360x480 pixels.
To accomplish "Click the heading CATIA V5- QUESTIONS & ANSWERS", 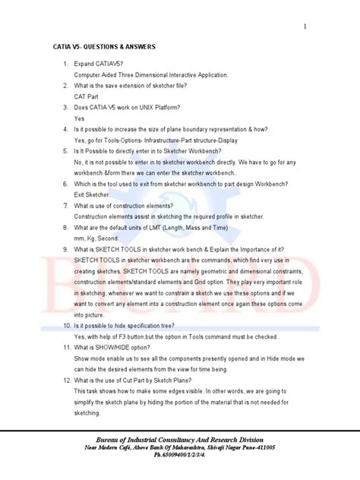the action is tap(103, 47).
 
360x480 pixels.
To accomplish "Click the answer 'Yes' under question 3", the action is tap(80, 118).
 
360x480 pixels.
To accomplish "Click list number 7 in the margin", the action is tap(66, 205).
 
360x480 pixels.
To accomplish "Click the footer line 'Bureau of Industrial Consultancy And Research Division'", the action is tap(180, 440).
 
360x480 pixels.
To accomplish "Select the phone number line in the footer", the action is tap(180, 457).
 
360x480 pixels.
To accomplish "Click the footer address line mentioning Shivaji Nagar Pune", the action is tap(180, 449).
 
